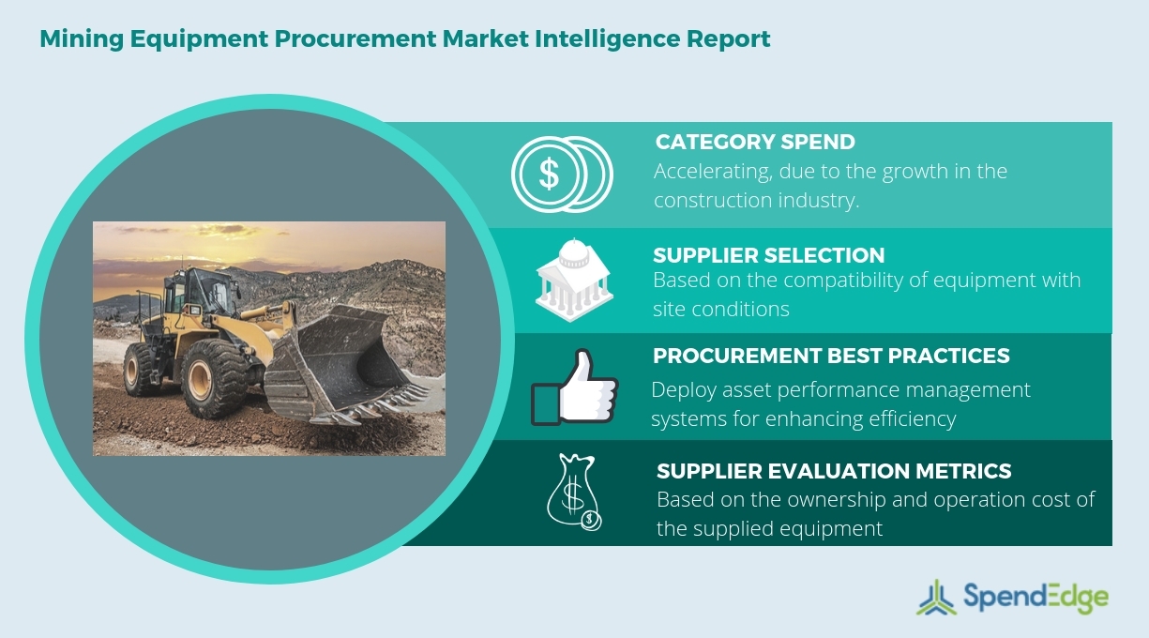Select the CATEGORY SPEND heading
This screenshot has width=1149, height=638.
point(754,143)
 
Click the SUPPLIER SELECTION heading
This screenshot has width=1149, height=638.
point(768,255)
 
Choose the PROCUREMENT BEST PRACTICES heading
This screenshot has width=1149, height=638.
point(831,357)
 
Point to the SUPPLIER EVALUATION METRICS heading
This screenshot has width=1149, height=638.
point(834,471)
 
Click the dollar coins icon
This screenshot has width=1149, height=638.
point(561,174)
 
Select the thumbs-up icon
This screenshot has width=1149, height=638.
point(574,387)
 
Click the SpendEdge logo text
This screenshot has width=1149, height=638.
point(1036,598)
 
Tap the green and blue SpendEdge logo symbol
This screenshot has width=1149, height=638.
point(936,598)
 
